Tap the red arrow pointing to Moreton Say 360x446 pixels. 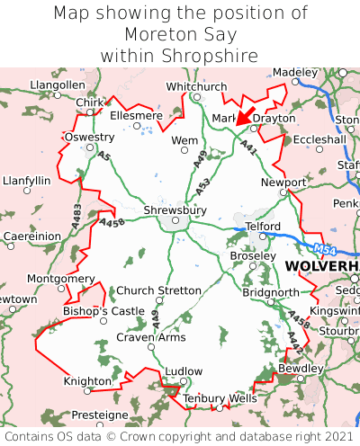(x=246, y=118)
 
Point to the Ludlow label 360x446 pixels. (x=185, y=370)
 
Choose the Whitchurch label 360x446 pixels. (x=197, y=86)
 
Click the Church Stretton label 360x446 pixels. (x=159, y=290)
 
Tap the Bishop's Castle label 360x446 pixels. (x=103, y=311)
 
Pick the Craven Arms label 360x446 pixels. (x=151, y=337)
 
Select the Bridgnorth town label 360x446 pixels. (x=270, y=293)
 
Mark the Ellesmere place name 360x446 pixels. (x=136, y=116)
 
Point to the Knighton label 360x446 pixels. (x=87, y=381)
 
